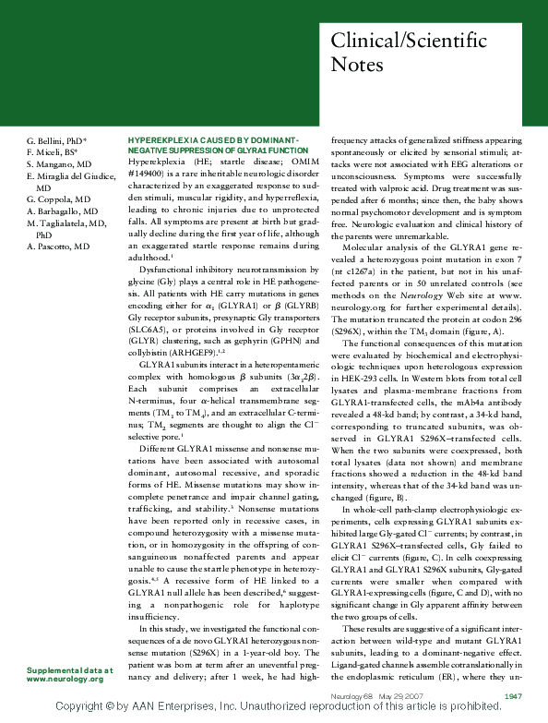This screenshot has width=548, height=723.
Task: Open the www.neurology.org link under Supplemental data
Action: tap(65, 679)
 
